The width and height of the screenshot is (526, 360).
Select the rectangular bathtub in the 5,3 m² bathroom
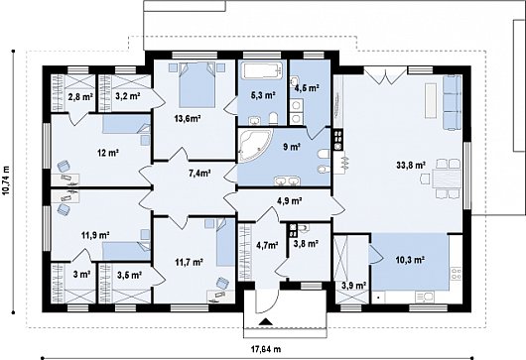pos(261,71)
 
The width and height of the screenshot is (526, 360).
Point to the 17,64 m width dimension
pos(266,349)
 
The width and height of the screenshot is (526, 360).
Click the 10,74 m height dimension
pos(6,180)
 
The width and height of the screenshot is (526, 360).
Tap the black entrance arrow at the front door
pos(266,321)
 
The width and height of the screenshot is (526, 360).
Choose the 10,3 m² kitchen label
pos(411,259)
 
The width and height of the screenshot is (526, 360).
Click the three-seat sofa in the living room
pos(453,102)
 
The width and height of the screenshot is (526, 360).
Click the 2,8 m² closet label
pos(80,97)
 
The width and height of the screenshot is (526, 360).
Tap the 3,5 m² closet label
pos(129,275)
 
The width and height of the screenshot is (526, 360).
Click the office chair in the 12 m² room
pos(64,166)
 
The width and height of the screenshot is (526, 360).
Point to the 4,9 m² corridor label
pos(289,200)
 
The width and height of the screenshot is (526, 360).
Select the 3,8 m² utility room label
pos(306,244)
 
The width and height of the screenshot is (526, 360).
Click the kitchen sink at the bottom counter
pos(425,297)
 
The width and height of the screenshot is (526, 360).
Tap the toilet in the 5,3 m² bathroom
pos(273,118)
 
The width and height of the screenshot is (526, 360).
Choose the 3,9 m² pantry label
pos(353,286)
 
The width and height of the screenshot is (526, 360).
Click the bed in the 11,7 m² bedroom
pos(225,242)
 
